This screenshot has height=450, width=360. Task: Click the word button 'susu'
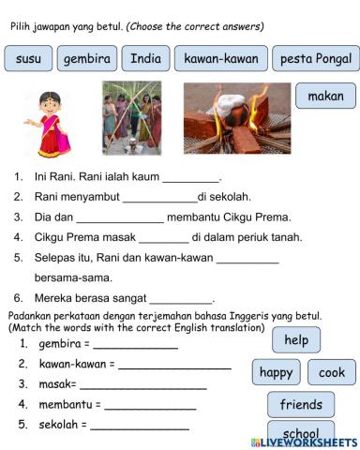pos(28,59)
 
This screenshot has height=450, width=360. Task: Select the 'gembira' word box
pos(86,59)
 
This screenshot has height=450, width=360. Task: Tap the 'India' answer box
pos(145,59)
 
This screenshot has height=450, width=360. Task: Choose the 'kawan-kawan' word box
pos(220,59)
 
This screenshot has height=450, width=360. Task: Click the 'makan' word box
pos(325,96)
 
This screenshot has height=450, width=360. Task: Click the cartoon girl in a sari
pos(51,123)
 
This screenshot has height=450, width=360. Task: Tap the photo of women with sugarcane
pos(131,118)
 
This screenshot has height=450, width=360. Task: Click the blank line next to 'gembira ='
pos(134,345)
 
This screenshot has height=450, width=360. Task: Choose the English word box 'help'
pos(296,340)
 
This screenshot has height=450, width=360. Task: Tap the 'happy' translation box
pos(276,372)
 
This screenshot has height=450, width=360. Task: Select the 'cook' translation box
pos(331,372)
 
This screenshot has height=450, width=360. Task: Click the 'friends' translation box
pos(301,405)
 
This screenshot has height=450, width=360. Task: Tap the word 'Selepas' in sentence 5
pos(57,258)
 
